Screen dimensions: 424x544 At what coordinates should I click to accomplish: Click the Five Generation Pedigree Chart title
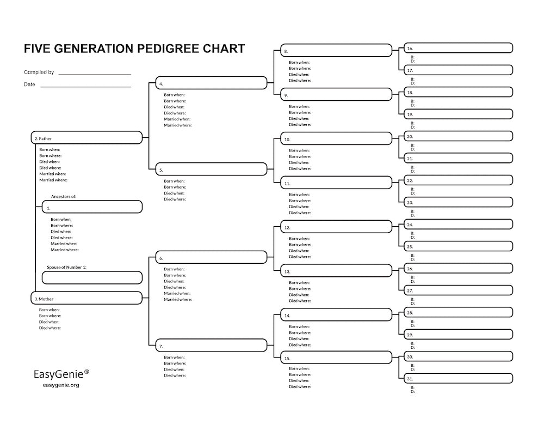click(134, 49)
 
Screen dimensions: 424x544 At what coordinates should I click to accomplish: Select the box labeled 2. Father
click(87, 138)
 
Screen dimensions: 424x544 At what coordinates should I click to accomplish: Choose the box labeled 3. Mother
click(87, 298)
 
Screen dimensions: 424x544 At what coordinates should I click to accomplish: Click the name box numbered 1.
click(92, 207)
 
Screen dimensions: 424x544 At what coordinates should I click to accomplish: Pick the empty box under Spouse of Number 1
click(92, 277)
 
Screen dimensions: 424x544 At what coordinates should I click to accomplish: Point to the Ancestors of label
click(64, 196)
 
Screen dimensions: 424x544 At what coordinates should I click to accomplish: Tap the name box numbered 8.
click(336, 50)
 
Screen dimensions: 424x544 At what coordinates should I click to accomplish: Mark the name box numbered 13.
click(336, 270)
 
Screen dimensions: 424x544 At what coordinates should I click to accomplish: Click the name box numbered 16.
click(458, 48)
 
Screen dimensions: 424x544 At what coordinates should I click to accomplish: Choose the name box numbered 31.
click(458, 378)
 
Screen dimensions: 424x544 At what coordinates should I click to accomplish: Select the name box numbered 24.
click(458, 224)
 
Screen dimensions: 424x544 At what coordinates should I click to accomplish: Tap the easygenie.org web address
click(61, 385)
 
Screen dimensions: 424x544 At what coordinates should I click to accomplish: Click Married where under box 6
click(178, 299)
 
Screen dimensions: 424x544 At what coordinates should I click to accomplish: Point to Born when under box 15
click(299, 368)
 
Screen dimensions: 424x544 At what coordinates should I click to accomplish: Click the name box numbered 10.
click(336, 138)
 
